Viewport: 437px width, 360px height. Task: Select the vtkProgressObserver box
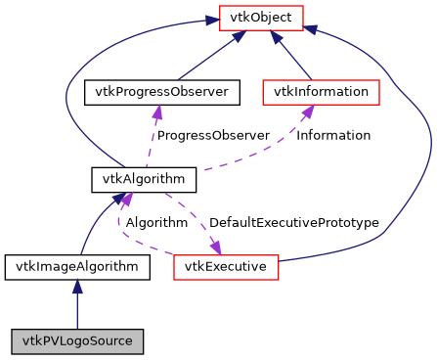(162, 92)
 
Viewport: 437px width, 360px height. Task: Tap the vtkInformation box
(322, 92)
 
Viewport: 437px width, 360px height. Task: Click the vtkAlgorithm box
(144, 179)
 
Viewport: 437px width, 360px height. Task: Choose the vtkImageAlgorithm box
(77, 265)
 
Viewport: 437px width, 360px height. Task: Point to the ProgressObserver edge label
(212, 135)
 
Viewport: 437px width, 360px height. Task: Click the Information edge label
(333, 135)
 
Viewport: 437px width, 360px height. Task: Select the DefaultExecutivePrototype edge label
(293, 222)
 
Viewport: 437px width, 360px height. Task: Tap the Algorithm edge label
(156, 222)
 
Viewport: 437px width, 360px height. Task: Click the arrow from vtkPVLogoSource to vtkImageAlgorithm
(77, 308)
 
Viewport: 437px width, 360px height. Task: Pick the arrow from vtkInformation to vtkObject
(293, 59)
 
